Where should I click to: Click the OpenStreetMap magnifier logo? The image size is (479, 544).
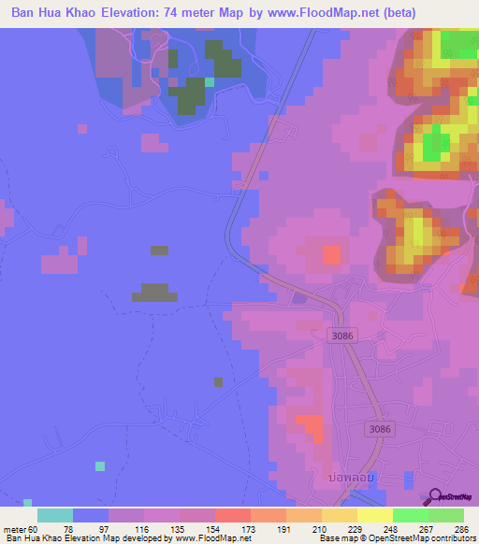437,496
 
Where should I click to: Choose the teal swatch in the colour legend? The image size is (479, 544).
54,515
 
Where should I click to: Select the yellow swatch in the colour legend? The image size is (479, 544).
374,515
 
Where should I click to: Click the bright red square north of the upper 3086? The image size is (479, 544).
331,254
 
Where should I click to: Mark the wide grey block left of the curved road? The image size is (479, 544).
153,292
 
